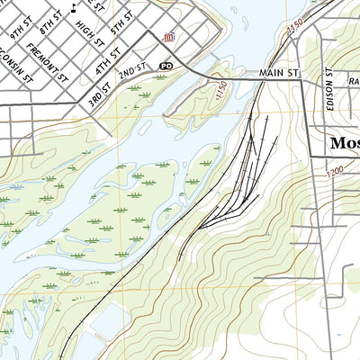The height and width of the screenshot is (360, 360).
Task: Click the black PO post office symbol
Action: tap(166, 67)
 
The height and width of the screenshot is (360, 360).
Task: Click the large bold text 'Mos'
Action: tap(344, 143)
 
